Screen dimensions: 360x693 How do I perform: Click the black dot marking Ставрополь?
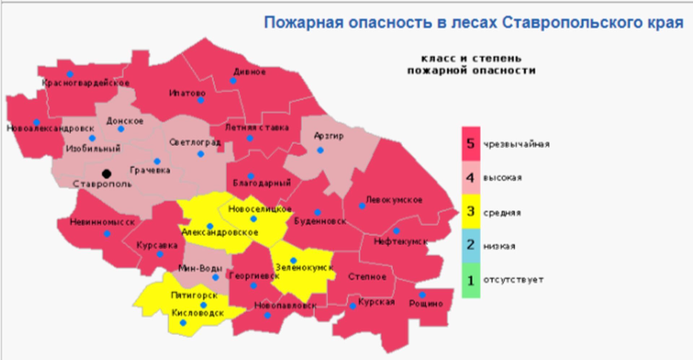tap(106, 174)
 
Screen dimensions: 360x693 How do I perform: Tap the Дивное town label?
tap(249, 72)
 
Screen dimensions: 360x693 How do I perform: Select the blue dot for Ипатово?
tap(201, 100)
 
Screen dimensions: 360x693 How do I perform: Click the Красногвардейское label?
tap(86, 83)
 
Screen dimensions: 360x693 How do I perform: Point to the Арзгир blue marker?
tap(320, 150)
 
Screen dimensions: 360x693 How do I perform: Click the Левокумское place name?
tap(394, 200)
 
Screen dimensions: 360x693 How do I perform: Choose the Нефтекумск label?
tap(401, 241)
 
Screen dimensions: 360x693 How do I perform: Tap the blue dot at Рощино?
tap(422, 295)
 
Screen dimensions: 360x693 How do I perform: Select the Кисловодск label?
tap(197, 313)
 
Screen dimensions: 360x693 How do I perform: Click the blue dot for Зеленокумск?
tap(293, 260)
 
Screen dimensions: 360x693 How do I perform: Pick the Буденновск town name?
tap(320, 221)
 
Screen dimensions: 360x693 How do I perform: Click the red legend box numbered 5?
tap(471, 144)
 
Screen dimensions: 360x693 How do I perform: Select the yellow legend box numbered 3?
tap(471, 211)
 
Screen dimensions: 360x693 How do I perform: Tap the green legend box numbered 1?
tap(471, 280)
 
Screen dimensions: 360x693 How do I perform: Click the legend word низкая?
tap(499, 246)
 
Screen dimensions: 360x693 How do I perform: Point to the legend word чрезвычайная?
tap(517, 144)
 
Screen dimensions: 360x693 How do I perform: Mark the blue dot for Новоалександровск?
tap(36, 122)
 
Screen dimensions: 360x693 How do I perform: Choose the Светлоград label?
tap(195, 142)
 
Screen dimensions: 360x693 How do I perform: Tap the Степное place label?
tap(367, 277)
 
